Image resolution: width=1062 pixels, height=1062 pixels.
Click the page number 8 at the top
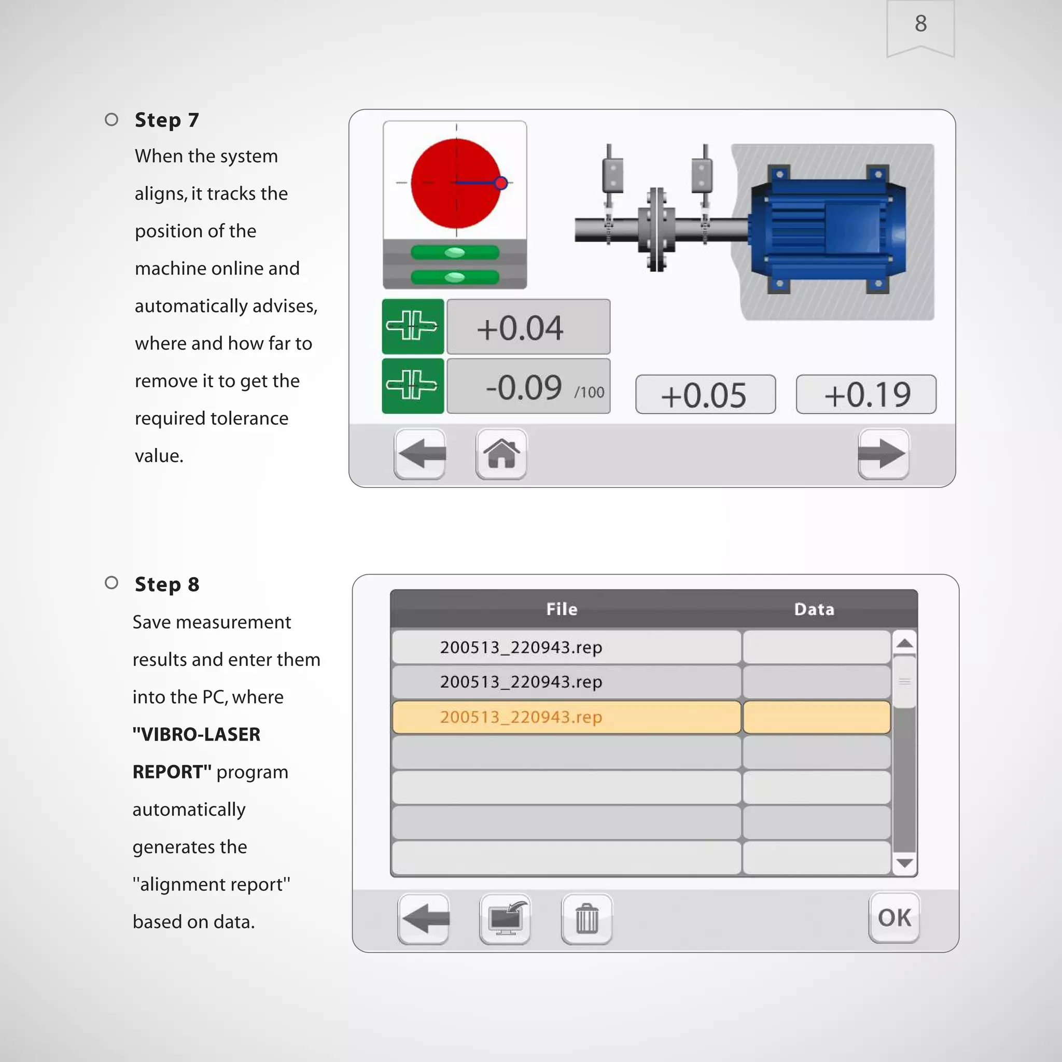click(920, 23)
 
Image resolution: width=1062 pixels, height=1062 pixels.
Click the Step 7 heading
click(166, 120)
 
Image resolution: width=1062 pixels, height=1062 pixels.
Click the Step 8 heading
click(166, 584)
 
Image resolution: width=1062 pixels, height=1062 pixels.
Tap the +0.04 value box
click(528, 327)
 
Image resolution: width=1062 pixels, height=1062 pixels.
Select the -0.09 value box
click(528, 386)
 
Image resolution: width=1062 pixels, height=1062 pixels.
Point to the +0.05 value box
click(705, 394)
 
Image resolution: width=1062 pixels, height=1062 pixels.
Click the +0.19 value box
click(866, 394)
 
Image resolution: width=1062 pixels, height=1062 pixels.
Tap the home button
click(501, 454)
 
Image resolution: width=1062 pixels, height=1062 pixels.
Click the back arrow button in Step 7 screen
click(420, 454)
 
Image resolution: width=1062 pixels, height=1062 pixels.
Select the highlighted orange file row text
click(521, 717)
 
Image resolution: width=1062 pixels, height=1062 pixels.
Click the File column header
click(561, 609)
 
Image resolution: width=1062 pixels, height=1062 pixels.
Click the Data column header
click(814, 609)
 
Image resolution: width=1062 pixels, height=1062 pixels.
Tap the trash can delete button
click(586, 918)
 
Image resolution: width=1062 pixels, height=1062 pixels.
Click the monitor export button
click(505, 918)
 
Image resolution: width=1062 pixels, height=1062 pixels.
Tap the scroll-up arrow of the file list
click(904, 643)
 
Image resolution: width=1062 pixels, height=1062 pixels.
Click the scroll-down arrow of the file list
click(904, 863)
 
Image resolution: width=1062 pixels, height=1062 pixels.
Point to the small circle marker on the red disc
click(501, 183)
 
